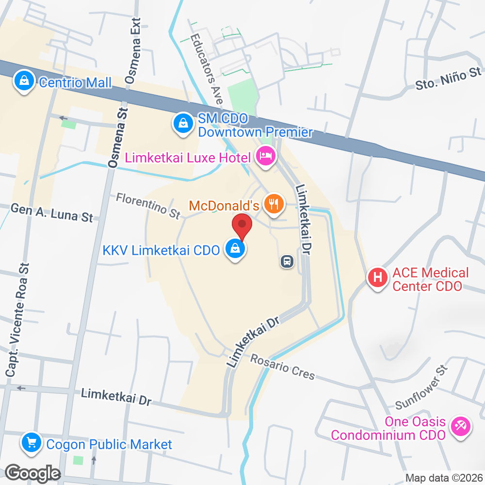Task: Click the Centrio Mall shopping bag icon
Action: click(23, 81)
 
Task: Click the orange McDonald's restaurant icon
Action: click(274, 204)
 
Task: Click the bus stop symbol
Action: click(287, 262)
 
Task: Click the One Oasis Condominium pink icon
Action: click(458, 427)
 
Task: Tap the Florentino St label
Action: click(148, 205)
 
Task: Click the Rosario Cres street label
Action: click(283, 368)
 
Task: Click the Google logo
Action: click(32, 472)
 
